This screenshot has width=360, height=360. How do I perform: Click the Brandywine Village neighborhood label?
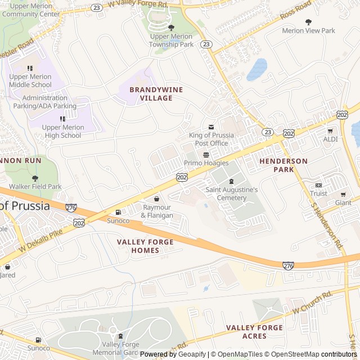(151, 93)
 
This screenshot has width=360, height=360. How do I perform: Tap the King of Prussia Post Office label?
(208, 139)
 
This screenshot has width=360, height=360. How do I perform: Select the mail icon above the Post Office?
(211, 127)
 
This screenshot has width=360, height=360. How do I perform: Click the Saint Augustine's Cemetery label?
(231, 193)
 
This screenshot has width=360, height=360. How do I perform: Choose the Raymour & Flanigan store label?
(157, 211)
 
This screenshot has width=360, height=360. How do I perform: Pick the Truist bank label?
(318, 193)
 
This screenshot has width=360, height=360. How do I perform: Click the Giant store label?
(343, 202)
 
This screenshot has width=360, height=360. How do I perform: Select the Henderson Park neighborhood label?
(283, 165)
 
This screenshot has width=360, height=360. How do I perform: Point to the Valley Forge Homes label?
(145, 246)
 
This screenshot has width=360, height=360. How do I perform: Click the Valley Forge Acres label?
(254, 332)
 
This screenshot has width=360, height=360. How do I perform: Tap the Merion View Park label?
(308, 31)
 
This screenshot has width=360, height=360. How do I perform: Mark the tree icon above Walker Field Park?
(35, 178)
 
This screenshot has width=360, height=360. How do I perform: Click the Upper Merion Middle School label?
(30, 80)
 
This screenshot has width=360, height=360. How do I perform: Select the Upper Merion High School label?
(62, 131)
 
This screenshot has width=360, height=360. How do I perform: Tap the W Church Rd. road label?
(312, 302)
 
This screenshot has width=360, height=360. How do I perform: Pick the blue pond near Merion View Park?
(257, 69)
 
